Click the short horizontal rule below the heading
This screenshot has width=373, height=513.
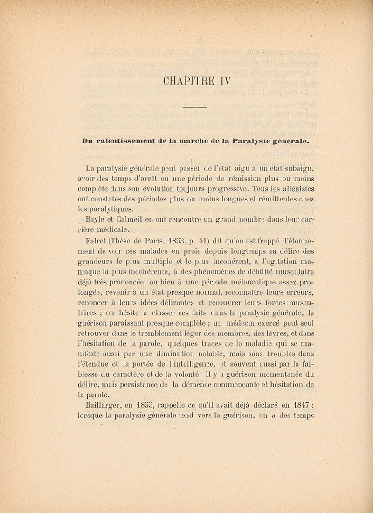(194, 108)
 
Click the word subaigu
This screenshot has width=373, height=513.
(294, 168)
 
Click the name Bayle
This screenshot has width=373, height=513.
(97, 219)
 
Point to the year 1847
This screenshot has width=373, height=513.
(293, 405)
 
